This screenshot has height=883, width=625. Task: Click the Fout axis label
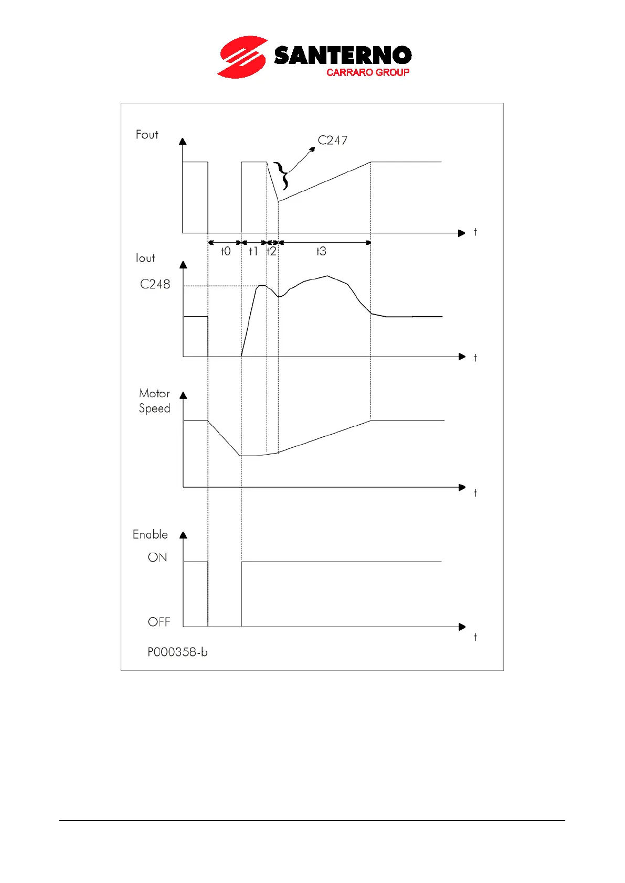[147, 135]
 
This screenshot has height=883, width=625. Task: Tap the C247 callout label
[332, 141]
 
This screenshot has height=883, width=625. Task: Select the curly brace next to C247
[282, 176]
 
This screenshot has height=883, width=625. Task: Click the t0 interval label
[226, 252]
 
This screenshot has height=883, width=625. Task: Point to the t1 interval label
[253, 252]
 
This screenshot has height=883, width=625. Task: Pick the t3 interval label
[321, 252]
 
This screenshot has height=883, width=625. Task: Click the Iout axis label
[145, 258]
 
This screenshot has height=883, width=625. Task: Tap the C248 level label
[155, 284]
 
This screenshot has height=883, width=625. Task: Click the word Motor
[154, 393]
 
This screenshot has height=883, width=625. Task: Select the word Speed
[154, 408]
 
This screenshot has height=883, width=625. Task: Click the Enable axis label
[150, 534]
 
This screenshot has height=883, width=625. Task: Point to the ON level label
[157, 557]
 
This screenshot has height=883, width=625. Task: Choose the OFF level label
[159, 622]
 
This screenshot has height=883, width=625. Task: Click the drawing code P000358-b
[177, 652]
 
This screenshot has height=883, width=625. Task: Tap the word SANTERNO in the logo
[343, 56]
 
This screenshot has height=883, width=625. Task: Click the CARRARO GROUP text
[367, 72]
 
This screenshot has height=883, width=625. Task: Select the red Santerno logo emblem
[242, 57]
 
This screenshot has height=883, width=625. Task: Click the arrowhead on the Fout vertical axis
[183, 141]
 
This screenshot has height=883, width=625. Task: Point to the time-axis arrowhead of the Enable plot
[462, 627]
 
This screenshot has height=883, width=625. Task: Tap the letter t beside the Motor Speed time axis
[475, 493]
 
